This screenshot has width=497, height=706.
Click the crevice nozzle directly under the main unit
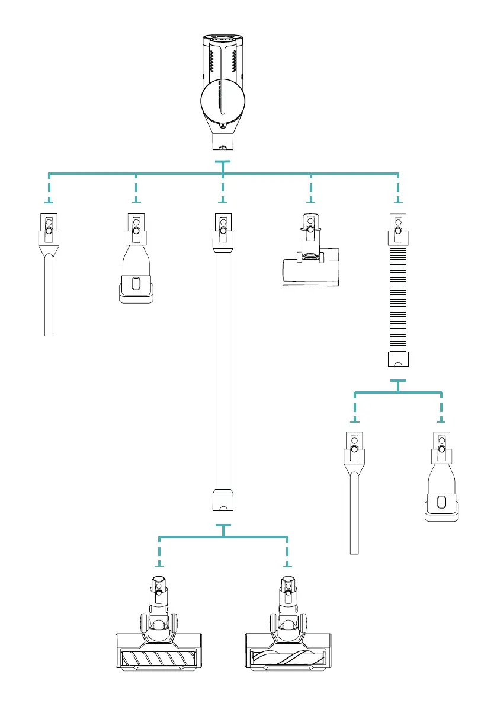coord(49,279)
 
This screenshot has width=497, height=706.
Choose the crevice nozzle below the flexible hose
coord(354,498)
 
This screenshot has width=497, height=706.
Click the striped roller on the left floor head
coord(158,658)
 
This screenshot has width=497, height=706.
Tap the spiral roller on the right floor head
coord(288,658)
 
